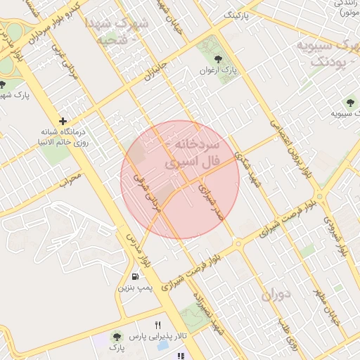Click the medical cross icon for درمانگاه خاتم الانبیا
tap(64, 122)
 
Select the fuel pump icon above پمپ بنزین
tap(134, 277)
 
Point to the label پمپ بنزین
tap(134, 289)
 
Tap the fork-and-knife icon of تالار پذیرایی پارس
tap(158, 326)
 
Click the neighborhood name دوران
tap(276, 295)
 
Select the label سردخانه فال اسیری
tap(193, 153)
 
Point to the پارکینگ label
tap(236, 14)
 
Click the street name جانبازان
tap(158, 70)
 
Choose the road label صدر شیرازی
tap(210, 202)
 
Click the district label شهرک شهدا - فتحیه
tap(117, 31)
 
